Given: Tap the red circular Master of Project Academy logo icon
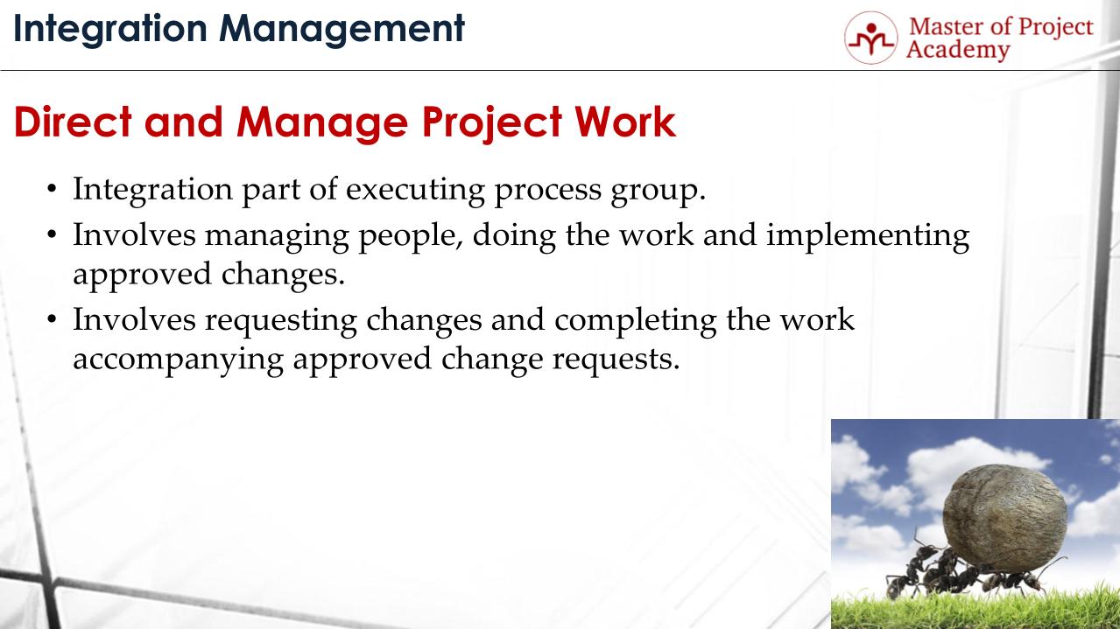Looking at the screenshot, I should pos(870,38).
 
